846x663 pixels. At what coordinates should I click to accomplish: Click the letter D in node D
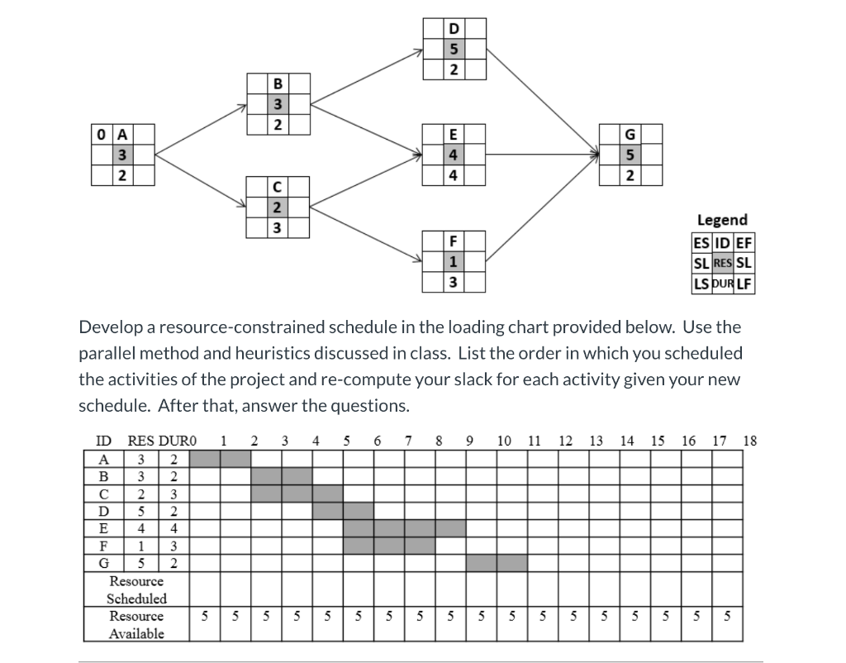[453, 29]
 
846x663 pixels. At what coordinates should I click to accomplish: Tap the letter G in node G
[630, 133]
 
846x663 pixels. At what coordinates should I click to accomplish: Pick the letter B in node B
[278, 83]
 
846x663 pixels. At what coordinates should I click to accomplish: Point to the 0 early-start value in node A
[101, 133]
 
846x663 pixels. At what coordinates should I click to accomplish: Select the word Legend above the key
[722, 220]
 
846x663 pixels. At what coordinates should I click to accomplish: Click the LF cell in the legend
[744, 284]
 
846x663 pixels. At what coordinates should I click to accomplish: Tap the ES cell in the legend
[701, 243]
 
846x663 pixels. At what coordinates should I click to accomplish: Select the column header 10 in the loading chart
[504, 440]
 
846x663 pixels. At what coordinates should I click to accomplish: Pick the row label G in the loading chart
[103, 564]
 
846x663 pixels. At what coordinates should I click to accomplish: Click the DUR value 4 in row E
[173, 527]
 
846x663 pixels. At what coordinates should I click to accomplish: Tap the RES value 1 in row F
[141, 546]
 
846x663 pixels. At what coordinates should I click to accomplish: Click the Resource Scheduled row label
[136, 590]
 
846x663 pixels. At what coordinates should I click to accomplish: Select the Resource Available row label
[136, 625]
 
